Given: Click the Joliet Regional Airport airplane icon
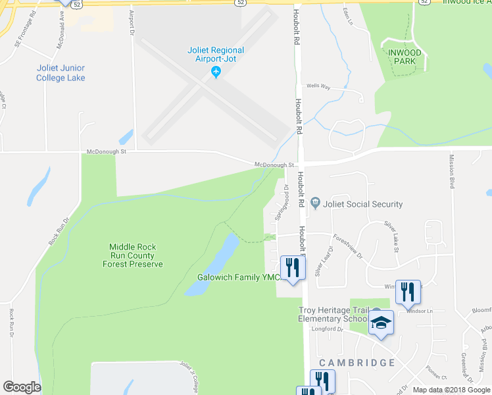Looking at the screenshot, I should [x=216, y=72].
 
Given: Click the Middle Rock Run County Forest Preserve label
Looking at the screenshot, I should [x=132, y=255].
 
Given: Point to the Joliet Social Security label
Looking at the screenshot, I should [x=362, y=204].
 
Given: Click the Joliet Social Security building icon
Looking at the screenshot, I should [x=315, y=203].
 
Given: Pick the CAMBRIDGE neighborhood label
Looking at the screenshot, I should [x=357, y=363].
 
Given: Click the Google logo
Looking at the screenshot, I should [x=22, y=387].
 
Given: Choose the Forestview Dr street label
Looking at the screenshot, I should [x=347, y=246].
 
